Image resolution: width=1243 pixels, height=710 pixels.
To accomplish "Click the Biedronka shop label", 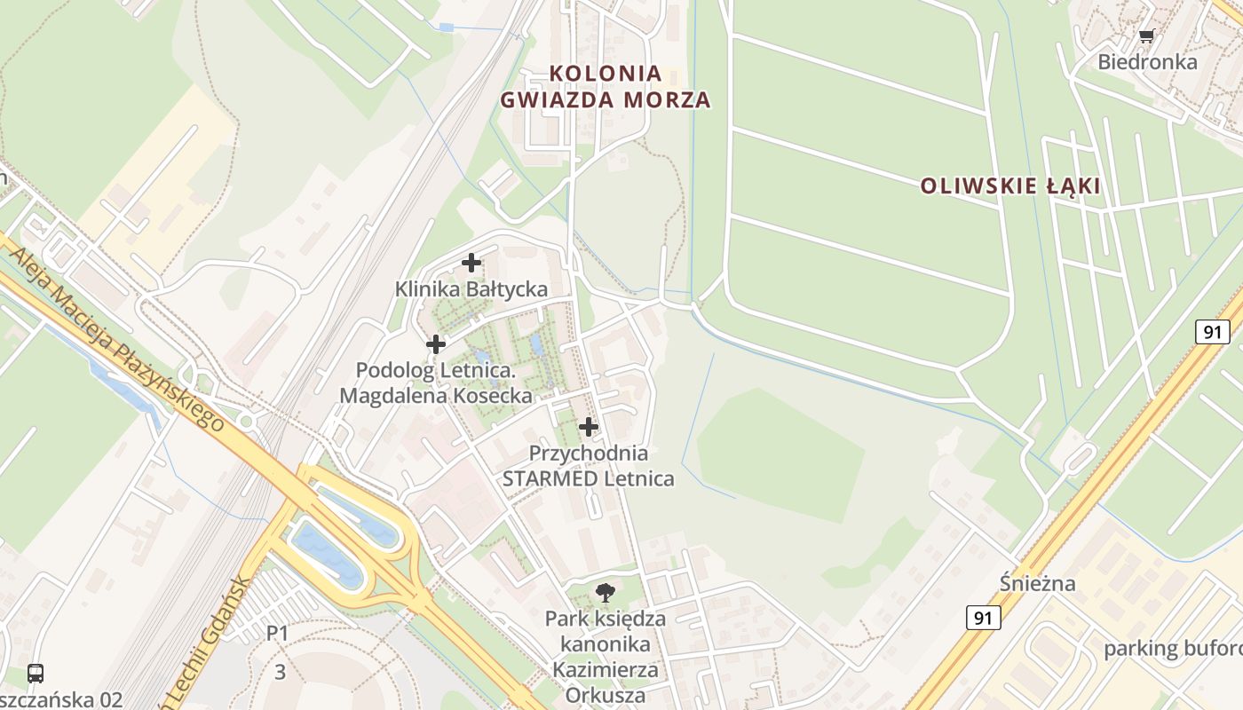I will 1147,62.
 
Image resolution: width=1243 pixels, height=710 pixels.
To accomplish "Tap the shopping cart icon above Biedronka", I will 1147,36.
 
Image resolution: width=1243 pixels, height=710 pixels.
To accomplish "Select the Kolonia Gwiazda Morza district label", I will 606,86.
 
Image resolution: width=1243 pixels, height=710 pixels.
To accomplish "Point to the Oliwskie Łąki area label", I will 1010,186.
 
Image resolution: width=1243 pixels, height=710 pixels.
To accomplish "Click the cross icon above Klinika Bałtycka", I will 471,263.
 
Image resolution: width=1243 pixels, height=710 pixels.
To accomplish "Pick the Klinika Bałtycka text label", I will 471,289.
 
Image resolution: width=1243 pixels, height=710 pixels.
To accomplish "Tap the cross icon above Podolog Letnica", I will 436,344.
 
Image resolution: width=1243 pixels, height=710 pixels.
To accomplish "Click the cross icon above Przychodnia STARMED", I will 588,428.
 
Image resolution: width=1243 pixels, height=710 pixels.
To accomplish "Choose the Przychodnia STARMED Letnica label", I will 588,466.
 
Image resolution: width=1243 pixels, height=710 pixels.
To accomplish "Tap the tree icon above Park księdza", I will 606,592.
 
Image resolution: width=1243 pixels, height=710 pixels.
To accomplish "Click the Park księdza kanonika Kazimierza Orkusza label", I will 606,656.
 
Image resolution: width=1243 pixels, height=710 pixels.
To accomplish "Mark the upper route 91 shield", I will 1212,333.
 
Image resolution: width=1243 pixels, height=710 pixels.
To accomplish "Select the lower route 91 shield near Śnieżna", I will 983,618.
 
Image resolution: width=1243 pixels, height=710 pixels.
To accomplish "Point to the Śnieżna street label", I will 1037,584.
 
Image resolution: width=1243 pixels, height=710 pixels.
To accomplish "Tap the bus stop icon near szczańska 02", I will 36,673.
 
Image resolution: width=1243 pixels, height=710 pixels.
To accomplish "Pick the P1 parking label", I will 278,633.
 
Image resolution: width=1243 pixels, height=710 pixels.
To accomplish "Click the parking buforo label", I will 1172,649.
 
